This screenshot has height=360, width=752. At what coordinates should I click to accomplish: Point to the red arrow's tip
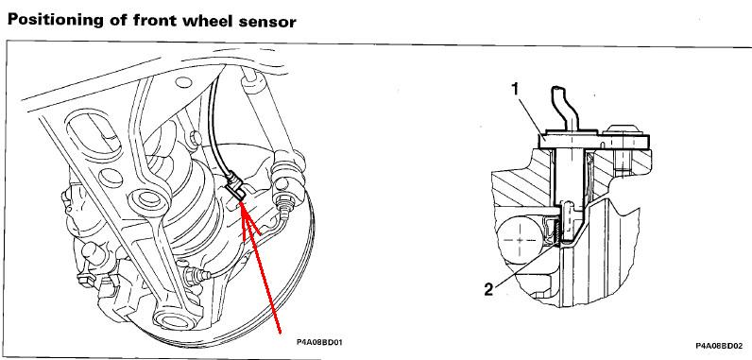[x=241, y=202]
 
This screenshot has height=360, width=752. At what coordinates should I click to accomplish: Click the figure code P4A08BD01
[x=320, y=342]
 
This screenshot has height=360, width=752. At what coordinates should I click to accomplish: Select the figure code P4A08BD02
[x=719, y=346]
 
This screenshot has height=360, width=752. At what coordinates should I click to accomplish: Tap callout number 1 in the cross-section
[x=516, y=90]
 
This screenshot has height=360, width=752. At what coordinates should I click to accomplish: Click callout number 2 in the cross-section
[x=488, y=289]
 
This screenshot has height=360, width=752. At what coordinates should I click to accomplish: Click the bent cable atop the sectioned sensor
[x=565, y=108]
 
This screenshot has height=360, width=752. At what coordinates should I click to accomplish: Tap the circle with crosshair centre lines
[x=521, y=240]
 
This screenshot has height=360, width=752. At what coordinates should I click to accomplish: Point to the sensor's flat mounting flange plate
[x=593, y=142]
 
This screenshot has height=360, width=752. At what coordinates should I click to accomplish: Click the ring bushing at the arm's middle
[x=149, y=198]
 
